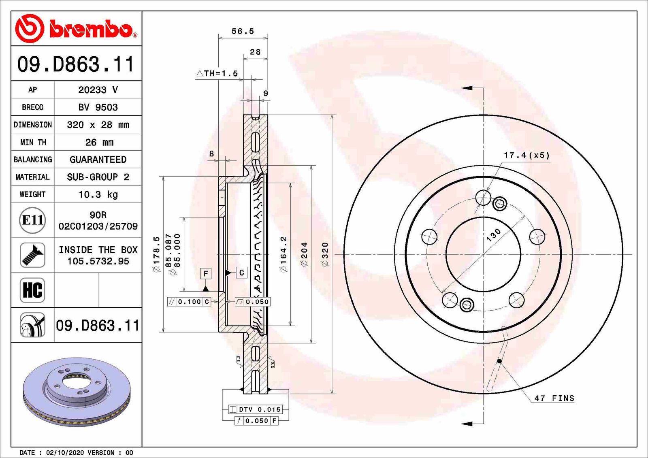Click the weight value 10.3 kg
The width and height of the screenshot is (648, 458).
coord(98,194)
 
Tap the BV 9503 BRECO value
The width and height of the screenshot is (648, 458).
coord(98,107)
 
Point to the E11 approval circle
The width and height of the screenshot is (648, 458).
coord(32,220)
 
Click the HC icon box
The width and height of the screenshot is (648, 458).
coord(32,290)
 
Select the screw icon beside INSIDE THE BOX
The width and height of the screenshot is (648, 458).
coord(32,255)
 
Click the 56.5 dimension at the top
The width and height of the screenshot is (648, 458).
coord(243,31)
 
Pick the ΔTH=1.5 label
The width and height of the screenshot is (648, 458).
coord(217,73)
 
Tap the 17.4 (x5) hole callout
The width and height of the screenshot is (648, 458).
coord(526,155)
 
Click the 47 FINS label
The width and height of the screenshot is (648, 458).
coord(554,398)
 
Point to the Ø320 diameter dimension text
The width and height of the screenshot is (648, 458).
coord(325,254)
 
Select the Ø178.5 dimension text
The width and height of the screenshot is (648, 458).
coord(156,254)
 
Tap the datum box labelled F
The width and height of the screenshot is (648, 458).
coord(206,273)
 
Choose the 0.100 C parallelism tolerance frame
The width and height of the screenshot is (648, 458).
coord(189,302)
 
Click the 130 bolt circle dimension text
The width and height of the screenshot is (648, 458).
coord(493,235)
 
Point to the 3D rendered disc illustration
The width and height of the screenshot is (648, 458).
coord(77,391)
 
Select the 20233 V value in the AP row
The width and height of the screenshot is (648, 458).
coord(98,90)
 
